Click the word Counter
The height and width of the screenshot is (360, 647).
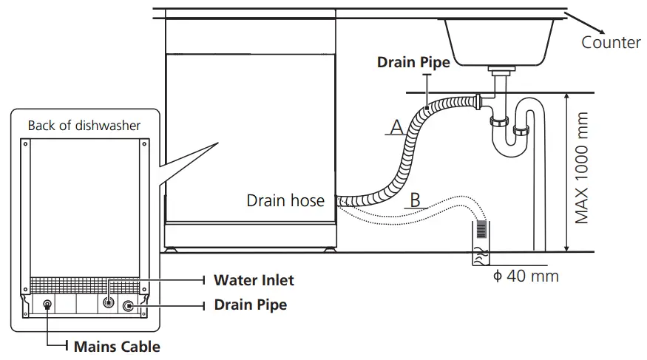(611, 42)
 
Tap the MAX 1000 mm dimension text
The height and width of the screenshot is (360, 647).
(583, 169)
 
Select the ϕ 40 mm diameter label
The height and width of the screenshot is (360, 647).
(526, 276)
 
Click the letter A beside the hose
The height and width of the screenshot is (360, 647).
(396, 127)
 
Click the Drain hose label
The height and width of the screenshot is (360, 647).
(285, 200)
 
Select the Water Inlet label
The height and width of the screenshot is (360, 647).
(254, 279)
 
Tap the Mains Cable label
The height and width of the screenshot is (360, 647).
(116, 345)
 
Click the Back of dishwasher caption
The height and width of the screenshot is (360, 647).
(84, 125)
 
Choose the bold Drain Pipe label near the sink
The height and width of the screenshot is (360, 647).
(413, 63)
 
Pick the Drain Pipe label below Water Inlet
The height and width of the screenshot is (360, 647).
(250, 304)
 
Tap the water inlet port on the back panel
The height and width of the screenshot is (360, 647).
(109, 303)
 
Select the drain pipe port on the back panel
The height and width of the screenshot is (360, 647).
(129, 305)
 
